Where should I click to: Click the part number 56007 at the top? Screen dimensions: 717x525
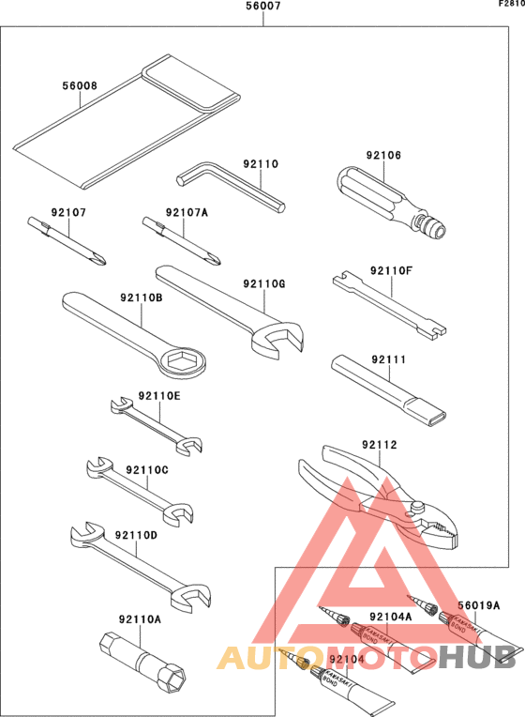[262, 7]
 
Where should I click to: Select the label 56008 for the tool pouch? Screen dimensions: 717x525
[80, 85]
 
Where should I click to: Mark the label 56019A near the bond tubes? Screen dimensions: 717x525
[479, 604]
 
